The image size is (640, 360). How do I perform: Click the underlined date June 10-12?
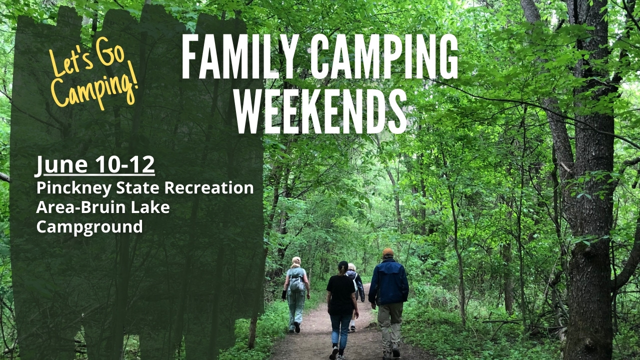click(95, 165)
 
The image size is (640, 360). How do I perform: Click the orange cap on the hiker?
click(388, 251)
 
